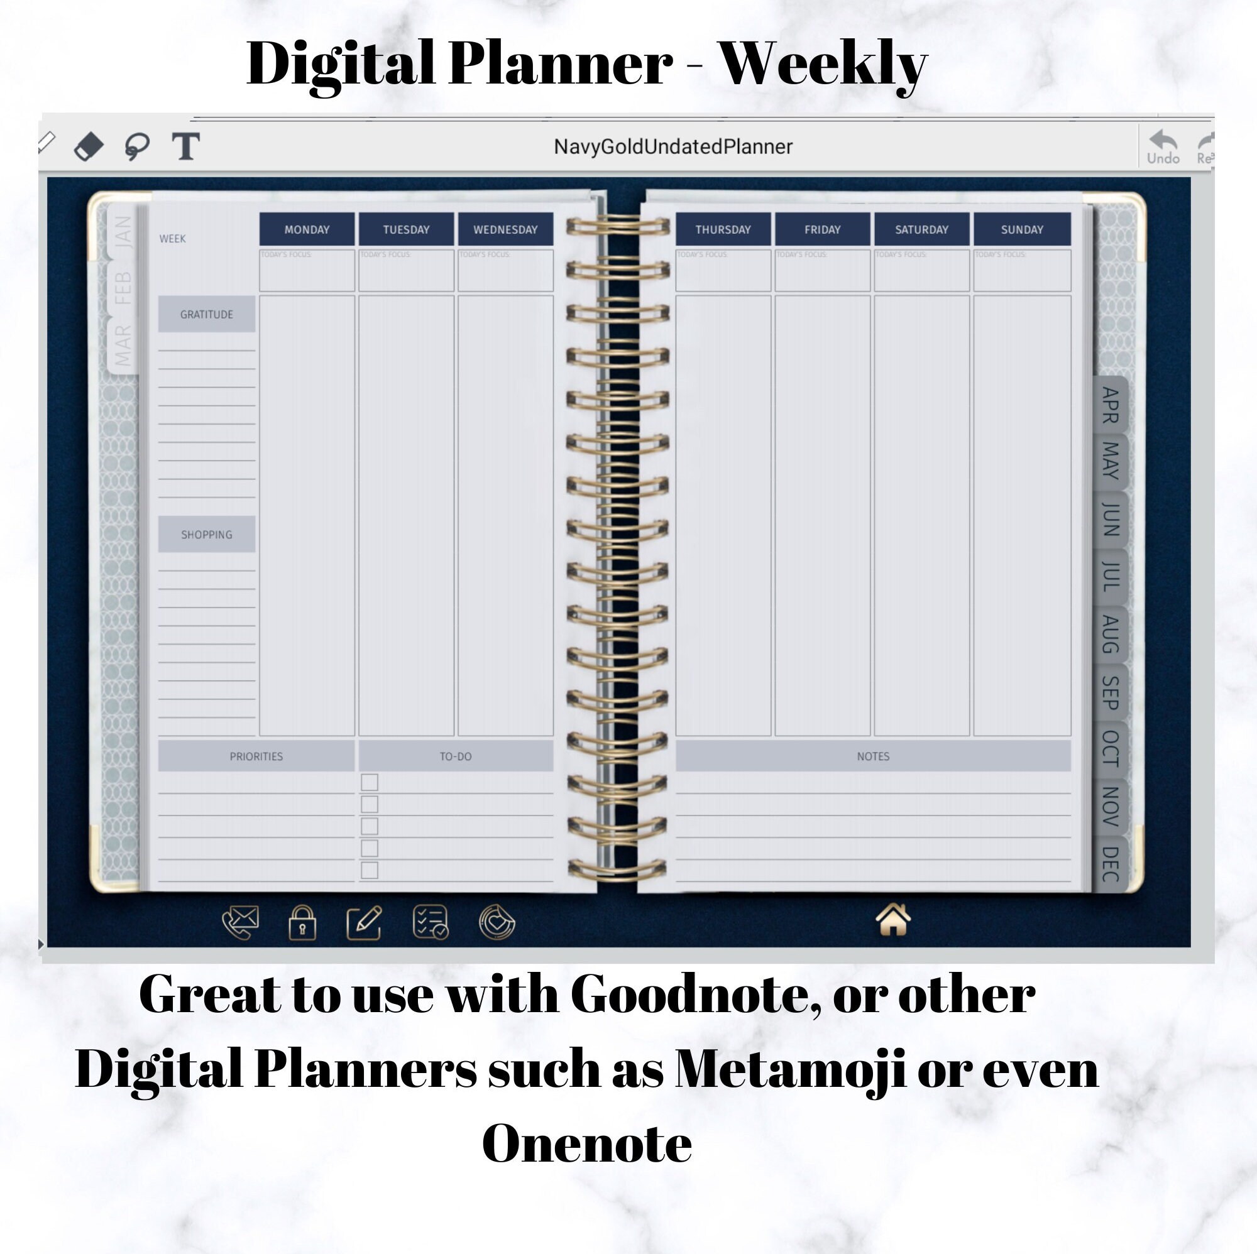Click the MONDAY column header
(307, 229)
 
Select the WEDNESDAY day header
(505, 229)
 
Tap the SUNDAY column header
(1021, 229)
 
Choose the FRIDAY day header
(821, 229)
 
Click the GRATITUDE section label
(206, 314)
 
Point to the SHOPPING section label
(206, 534)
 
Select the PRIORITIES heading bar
(256, 756)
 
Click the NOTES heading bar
(872, 756)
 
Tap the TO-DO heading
(455, 756)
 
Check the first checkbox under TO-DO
(369, 782)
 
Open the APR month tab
(1110, 405)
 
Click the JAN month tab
(123, 232)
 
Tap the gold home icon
(892, 920)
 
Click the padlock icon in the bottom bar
(302, 923)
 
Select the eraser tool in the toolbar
(89, 146)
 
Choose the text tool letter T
(185, 146)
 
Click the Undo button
(1163, 147)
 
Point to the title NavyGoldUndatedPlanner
(672, 147)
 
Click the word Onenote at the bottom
(586, 1143)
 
